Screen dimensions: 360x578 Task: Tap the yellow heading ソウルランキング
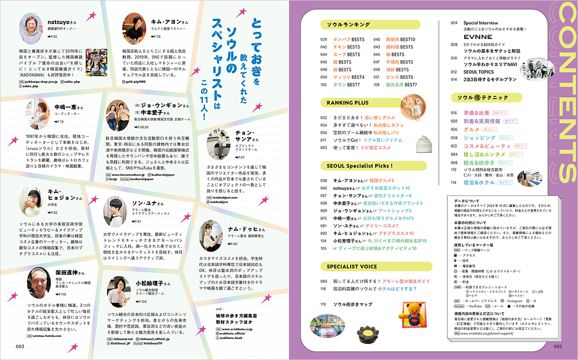click(345, 25)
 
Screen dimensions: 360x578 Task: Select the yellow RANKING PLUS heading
click(348, 103)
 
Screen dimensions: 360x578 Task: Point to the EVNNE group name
click(478, 37)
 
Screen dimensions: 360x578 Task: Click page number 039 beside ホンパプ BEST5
click(324, 39)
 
